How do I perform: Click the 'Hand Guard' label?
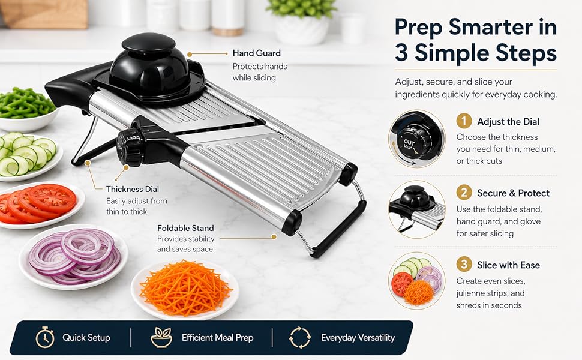click(x=256, y=53)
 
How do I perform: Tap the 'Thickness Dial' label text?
click(x=133, y=189)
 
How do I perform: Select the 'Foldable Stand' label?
click(x=185, y=228)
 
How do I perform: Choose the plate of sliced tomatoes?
click(x=40, y=205)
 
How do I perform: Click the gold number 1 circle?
click(x=464, y=121)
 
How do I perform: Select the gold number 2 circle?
click(x=464, y=193)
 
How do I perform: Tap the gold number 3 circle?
click(x=464, y=265)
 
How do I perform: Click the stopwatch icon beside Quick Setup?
click(x=45, y=337)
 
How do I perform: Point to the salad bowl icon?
click(x=161, y=337)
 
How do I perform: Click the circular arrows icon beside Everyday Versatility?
click(x=300, y=337)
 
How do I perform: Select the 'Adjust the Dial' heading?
click(x=508, y=122)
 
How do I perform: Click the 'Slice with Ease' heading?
click(x=509, y=265)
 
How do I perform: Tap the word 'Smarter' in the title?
click(x=489, y=28)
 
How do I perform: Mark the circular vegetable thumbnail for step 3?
click(x=417, y=281)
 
